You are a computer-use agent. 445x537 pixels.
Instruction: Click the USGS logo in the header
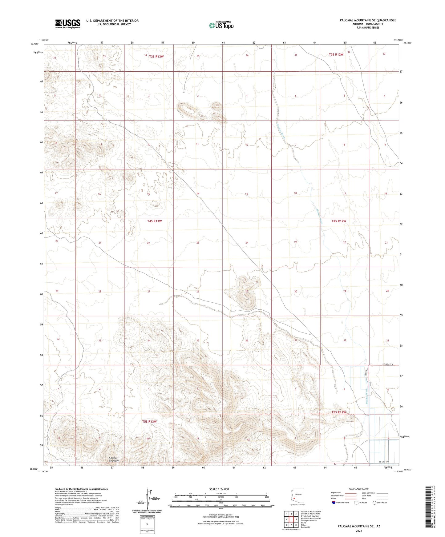[68, 24]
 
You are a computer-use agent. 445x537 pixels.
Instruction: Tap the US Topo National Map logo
[221, 25]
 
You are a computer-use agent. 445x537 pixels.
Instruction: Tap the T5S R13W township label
[150, 421]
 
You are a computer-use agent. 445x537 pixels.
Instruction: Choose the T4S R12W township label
[339, 221]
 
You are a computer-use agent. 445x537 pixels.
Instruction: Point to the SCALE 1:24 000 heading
[219, 489]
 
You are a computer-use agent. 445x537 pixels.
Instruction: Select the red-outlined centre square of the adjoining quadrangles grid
[291, 519]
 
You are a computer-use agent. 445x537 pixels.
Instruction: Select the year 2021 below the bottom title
[358, 530]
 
